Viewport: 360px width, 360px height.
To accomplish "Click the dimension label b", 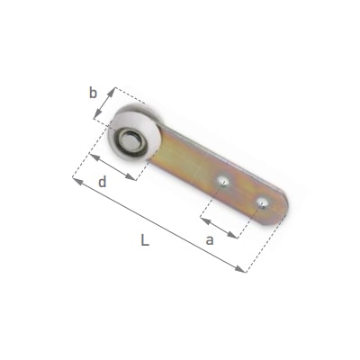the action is (94, 94).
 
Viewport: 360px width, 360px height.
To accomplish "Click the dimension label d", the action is (103, 182).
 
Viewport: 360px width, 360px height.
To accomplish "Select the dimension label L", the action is (145, 240).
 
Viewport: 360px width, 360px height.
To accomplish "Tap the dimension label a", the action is (210, 240).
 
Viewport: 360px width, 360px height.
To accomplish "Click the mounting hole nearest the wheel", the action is (222, 181).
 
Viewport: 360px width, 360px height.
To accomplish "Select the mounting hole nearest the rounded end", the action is (263, 203).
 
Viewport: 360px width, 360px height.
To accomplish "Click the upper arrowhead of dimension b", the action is (112, 92).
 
